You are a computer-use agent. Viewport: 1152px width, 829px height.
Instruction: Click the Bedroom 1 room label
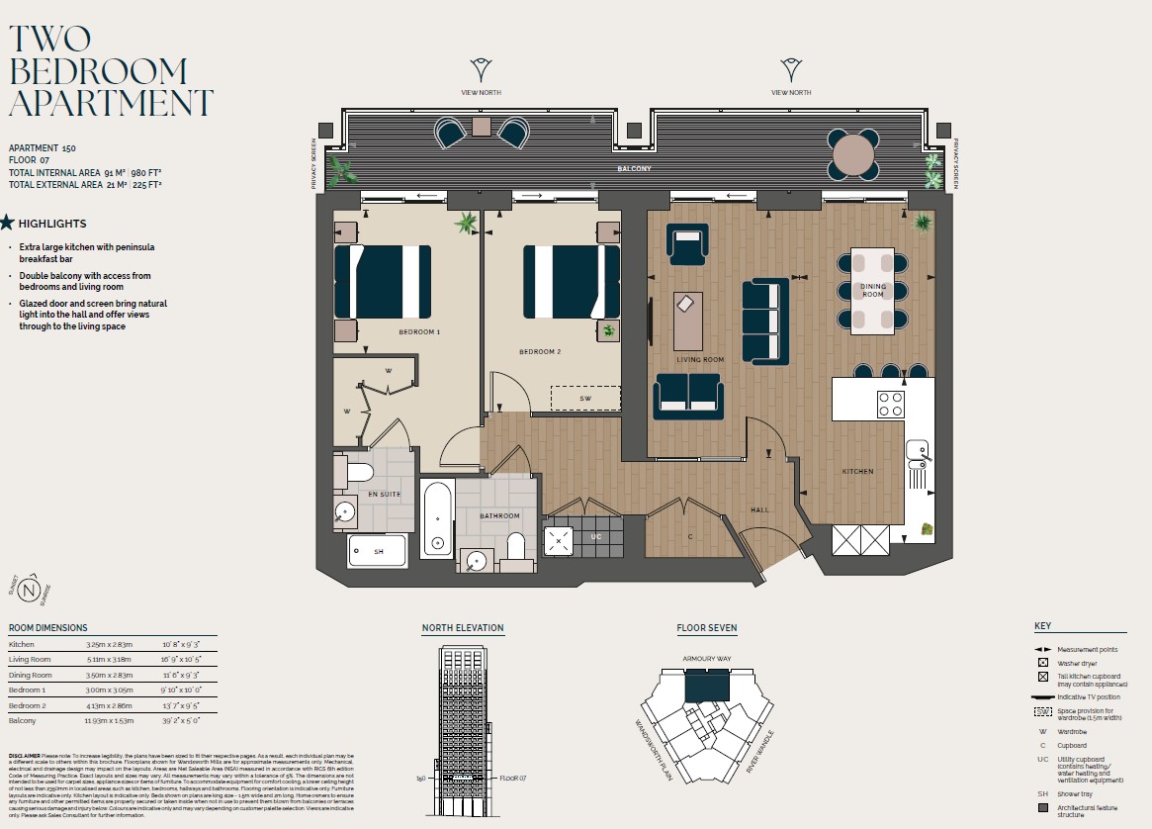pyautogui.click(x=418, y=332)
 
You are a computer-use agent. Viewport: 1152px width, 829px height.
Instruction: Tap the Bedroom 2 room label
pyautogui.click(x=540, y=351)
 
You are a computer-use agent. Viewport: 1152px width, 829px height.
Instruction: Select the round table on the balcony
pyautogui.click(x=853, y=155)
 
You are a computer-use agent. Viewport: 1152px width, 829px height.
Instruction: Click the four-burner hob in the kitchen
pyautogui.click(x=891, y=404)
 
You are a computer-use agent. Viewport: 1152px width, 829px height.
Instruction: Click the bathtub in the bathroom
pyautogui.click(x=436, y=518)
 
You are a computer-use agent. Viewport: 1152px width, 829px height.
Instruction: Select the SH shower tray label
pyautogui.click(x=378, y=551)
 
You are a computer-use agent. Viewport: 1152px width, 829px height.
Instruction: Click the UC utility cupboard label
pyautogui.click(x=595, y=537)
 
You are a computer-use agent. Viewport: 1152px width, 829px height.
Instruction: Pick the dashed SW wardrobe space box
pyautogui.click(x=585, y=398)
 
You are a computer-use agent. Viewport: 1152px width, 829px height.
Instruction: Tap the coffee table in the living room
pyautogui.click(x=688, y=321)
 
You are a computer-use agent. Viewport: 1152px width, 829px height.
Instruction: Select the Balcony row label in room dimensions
pyautogui.click(x=23, y=722)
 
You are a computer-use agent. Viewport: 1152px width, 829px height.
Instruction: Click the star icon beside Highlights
pyautogui.click(x=8, y=224)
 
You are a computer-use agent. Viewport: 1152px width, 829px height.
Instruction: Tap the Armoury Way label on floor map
pyautogui.click(x=705, y=658)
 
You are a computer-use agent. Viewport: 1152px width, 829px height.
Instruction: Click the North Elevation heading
pyautogui.click(x=463, y=628)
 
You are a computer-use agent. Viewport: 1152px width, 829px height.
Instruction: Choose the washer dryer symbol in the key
pyautogui.click(x=1043, y=663)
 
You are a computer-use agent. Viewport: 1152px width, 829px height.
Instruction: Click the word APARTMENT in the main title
pyautogui.click(x=111, y=103)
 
